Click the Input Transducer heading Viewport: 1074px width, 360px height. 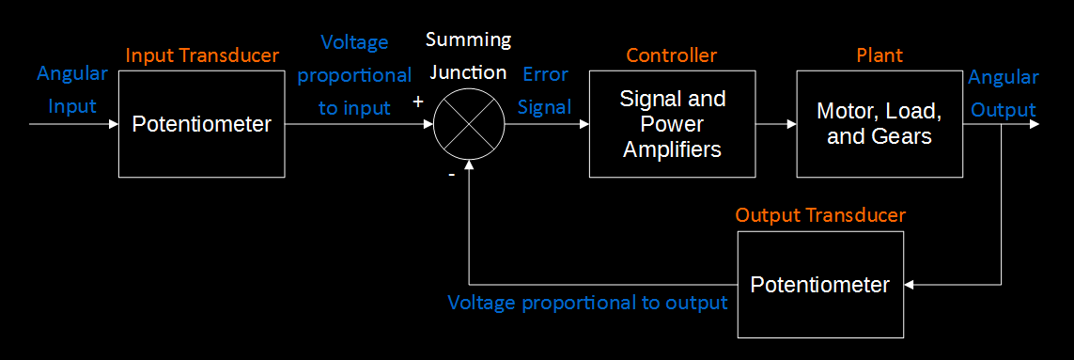[x=202, y=55]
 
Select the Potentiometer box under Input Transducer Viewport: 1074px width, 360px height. [x=201, y=123]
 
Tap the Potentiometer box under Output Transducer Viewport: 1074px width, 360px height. [x=819, y=284]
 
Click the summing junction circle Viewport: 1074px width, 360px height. [x=469, y=123]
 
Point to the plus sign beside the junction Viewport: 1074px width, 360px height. [x=418, y=102]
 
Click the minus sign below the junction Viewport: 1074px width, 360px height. [x=452, y=174]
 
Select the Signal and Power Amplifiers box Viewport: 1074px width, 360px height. [x=673, y=123]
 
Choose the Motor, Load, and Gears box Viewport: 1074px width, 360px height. [x=879, y=123]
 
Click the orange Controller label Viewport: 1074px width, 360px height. [x=673, y=55]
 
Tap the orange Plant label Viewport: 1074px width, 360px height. [x=879, y=55]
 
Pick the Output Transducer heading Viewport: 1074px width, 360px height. [x=820, y=215]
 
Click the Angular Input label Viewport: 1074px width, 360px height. [x=71, y=92]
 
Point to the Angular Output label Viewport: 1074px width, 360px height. [x=1004, y=93]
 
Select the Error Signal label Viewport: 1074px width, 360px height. [x=545, y=91]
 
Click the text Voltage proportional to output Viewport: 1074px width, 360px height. [x=588, y=303]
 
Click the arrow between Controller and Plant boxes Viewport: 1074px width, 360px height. [x=776, y=123]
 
